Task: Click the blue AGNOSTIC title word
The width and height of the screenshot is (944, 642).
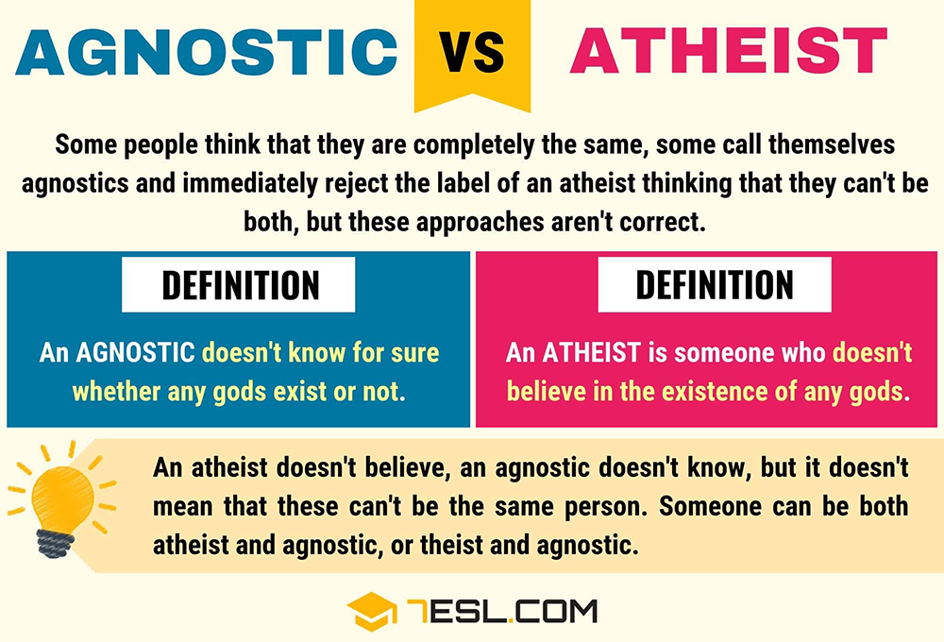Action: tap(207, 51)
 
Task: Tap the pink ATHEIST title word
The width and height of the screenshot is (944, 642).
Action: tap(729, 50)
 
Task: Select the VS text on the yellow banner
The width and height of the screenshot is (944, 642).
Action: tap(471, 52)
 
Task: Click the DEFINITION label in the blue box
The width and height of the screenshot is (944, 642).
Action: tap(240, 285)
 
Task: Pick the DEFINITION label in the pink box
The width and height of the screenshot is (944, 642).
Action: tap(715, 284)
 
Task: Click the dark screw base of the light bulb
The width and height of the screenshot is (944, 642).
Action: tap(56, 543)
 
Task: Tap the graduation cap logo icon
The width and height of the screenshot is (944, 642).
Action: tap(371, 611)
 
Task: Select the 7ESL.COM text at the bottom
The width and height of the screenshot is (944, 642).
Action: tap(501, 611)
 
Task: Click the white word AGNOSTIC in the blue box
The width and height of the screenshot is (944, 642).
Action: tap(135, 353)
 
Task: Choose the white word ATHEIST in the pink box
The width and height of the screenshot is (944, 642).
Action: tap(591, 353)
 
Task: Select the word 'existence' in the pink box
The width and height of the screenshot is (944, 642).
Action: tap(716, 392)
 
